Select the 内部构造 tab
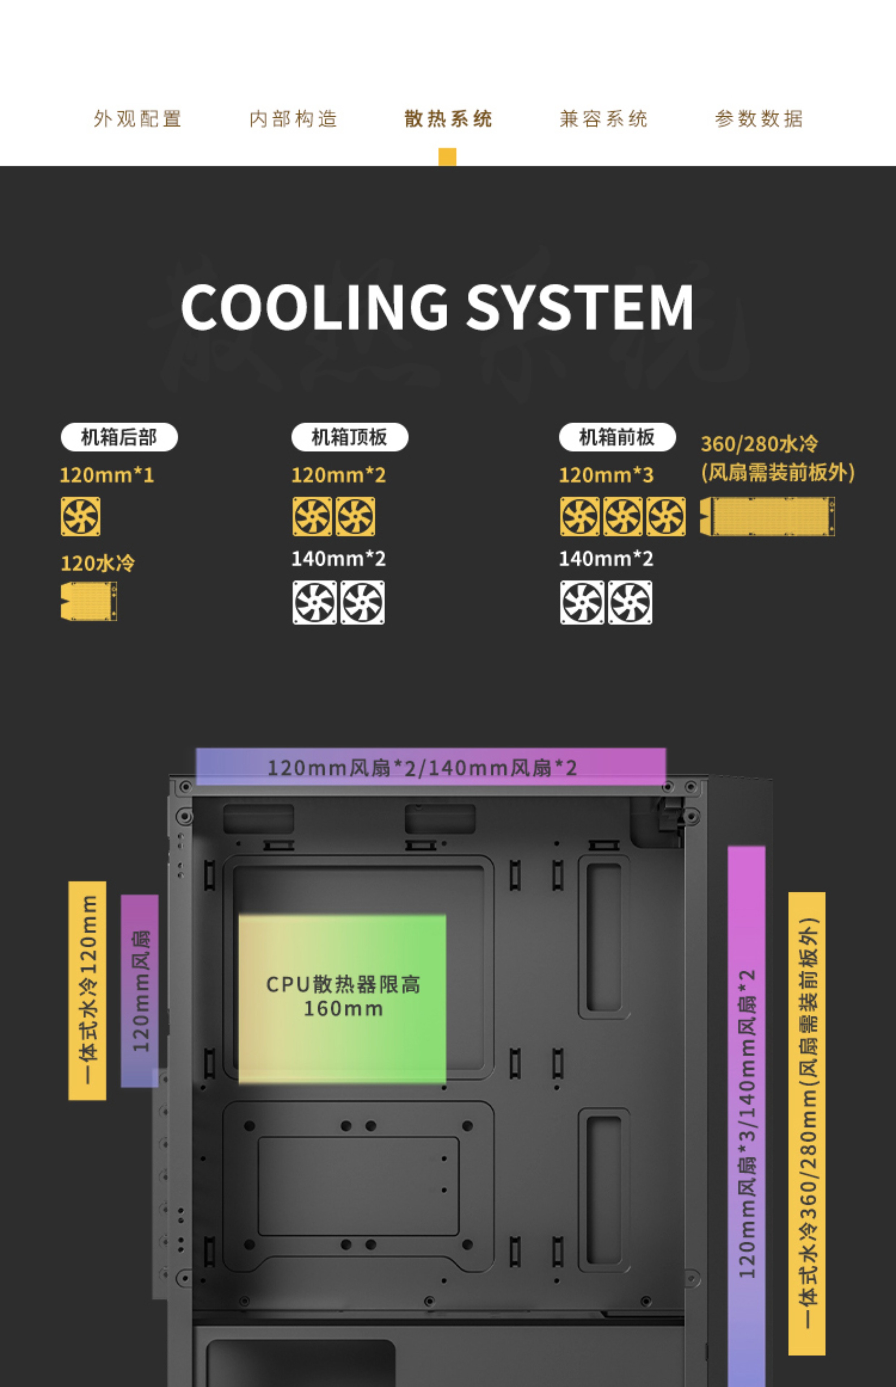[293, 118]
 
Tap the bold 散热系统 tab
[448, 118]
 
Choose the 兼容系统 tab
[603, 118]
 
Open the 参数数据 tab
[759, 118]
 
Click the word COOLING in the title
[314, 307]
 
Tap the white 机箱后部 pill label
[119, 437]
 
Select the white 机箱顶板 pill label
[350, 437]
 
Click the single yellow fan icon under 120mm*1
[80, 517]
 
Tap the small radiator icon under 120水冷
[89, 601]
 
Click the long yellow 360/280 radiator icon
[767, 517]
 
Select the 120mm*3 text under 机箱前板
[606, 475]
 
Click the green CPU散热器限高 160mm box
[342, 998]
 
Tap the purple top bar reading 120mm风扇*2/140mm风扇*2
[431, 767]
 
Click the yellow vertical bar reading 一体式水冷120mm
[87, 990]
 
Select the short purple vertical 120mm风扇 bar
[139, 990]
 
